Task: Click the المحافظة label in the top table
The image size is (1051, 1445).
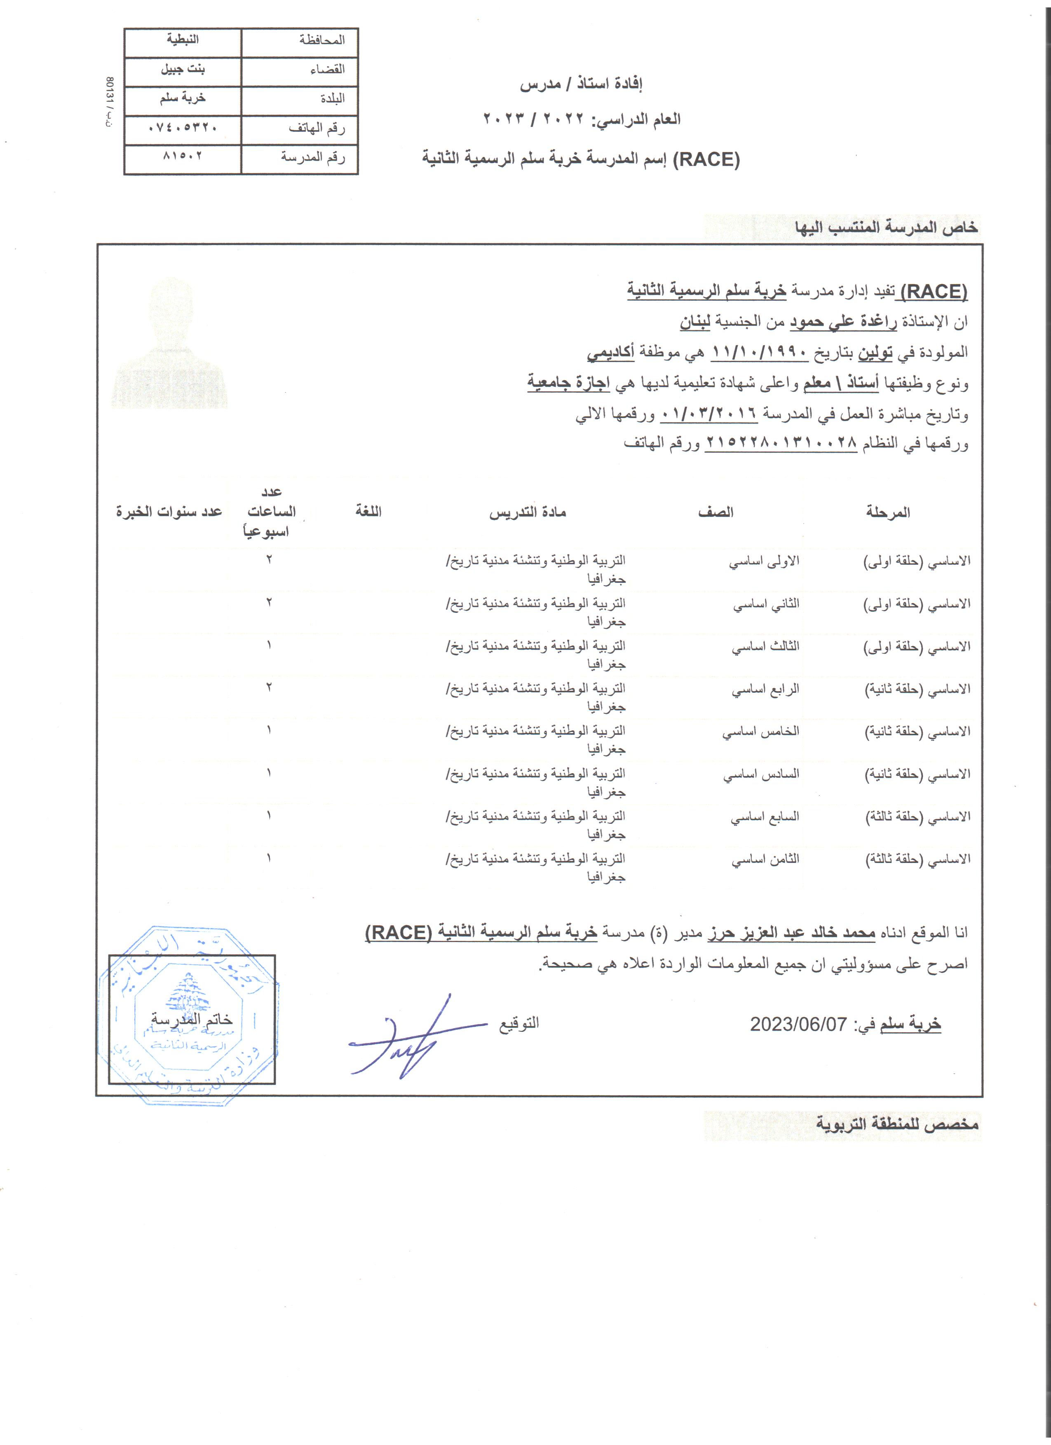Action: point(322,40)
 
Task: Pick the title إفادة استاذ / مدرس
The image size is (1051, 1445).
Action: point(581,84)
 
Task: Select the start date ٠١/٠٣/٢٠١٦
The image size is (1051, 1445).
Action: point(709,414)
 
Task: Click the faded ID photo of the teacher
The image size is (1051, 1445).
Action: point(170,344)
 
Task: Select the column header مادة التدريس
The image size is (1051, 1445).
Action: point(528,512)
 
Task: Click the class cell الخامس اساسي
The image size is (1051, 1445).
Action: point(760,732)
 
